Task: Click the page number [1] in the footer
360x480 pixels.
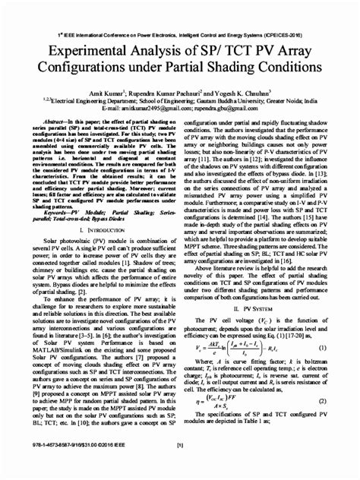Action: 180,467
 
